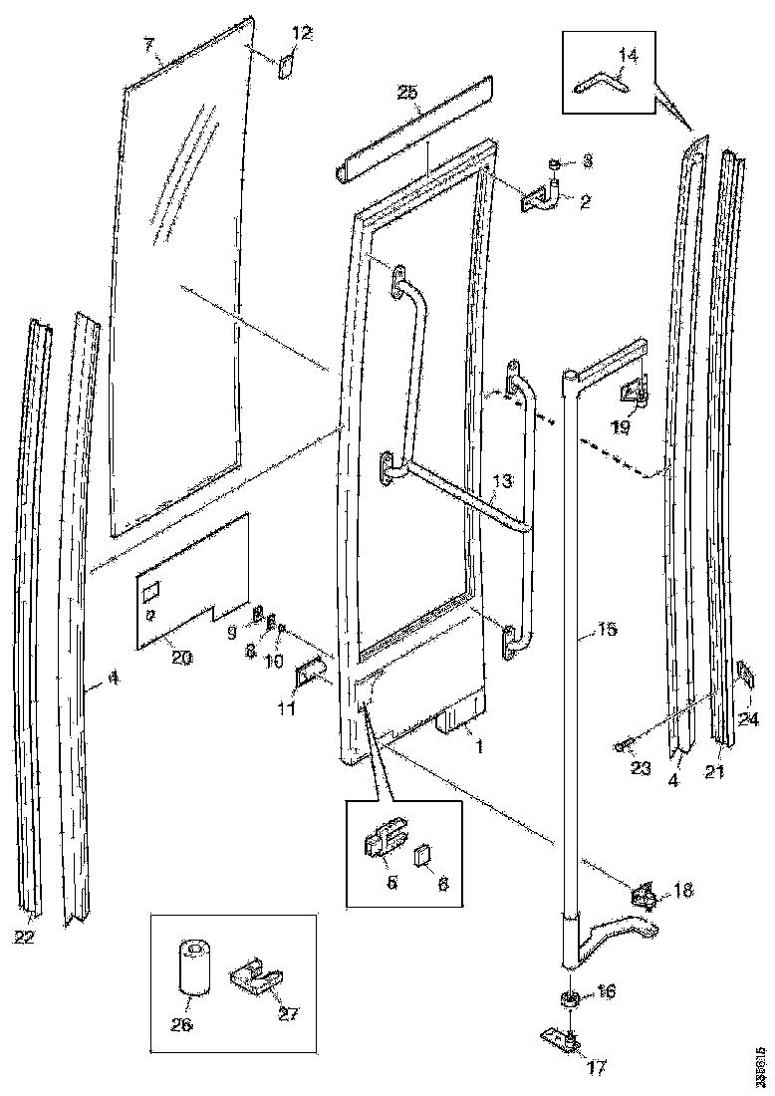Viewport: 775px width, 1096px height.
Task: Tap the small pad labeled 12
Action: click(283, 66)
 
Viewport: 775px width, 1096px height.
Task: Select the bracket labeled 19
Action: click(634, 395)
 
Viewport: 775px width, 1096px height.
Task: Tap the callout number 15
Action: click(607, 630)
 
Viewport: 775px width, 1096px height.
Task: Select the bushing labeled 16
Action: click(571, 999)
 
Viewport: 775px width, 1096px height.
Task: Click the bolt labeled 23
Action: click(622, 744)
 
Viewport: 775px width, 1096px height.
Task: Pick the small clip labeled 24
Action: click(744, 678)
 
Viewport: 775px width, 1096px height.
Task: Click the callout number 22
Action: click(22, 936)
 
